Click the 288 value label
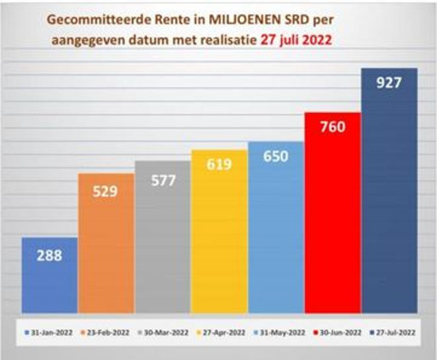coord(50,255)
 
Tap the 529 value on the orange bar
coord(106,192)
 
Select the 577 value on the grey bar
coord(163,181)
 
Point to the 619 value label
coord(219,164)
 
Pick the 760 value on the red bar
coord(332,127)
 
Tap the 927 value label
coord(389,83)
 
